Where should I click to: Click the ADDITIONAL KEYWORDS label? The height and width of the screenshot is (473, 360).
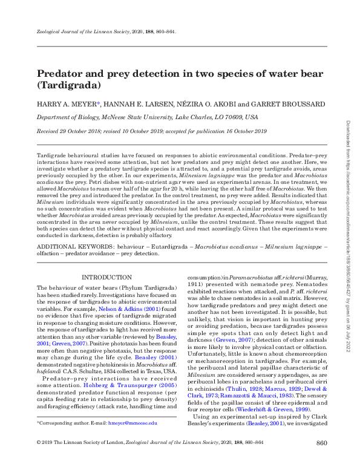(x=74, y=248)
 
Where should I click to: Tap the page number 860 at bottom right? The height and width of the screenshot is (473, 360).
(x=322, y=462)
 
